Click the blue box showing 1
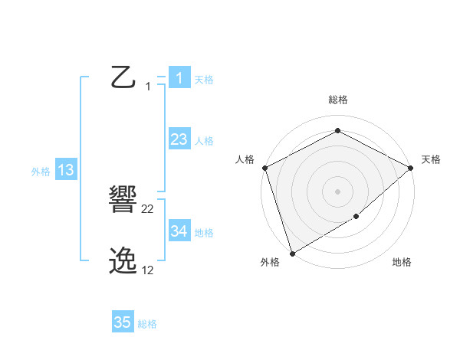179,77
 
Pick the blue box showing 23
179,139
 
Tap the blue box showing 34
179,231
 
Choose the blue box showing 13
66,170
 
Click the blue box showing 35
123,322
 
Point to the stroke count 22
148,209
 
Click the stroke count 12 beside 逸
148,270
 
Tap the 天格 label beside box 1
204,79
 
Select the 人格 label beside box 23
204,140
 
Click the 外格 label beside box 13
41,172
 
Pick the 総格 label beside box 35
147,324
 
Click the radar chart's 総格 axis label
337,100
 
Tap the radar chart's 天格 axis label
431,159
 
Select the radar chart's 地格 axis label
402,262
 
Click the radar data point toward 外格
292,253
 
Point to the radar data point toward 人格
264,168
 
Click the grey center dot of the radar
337,191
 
